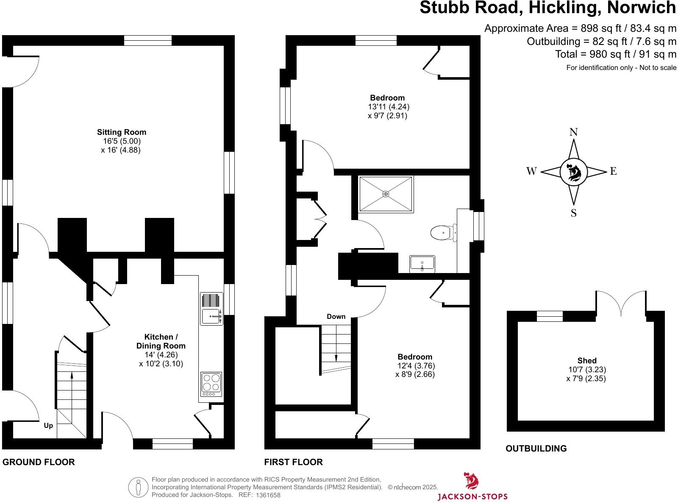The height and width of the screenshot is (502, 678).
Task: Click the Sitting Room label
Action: tap(122, 132)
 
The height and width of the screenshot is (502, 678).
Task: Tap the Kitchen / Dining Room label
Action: tap(161, 341)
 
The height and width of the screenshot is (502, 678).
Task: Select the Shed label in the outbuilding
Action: tap(587, 361)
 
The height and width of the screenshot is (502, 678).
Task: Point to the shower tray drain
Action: tap(386, 194)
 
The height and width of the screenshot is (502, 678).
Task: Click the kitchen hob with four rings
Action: tap(211, 382)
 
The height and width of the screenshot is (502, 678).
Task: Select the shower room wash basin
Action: tap(422, 264)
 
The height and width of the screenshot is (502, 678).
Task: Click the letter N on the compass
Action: tap(573, 132)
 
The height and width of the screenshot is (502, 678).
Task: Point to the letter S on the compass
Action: tap(573, 213)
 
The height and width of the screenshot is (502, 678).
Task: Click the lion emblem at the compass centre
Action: tap(573, 172)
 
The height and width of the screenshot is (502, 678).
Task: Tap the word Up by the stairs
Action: tap(49, 425)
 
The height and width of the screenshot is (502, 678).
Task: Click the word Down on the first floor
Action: tap(336, 317)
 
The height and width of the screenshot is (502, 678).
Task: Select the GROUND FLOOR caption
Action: tap(39, 462)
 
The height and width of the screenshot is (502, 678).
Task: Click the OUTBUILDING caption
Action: tap(536, 449)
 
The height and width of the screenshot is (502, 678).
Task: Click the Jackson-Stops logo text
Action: tap(472, 496)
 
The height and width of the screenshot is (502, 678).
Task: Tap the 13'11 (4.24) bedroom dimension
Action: tap(389, 107)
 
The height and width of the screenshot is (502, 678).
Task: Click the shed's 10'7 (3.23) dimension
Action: tap(587, 370)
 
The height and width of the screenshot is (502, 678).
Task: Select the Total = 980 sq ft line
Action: tap(616, 54)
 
